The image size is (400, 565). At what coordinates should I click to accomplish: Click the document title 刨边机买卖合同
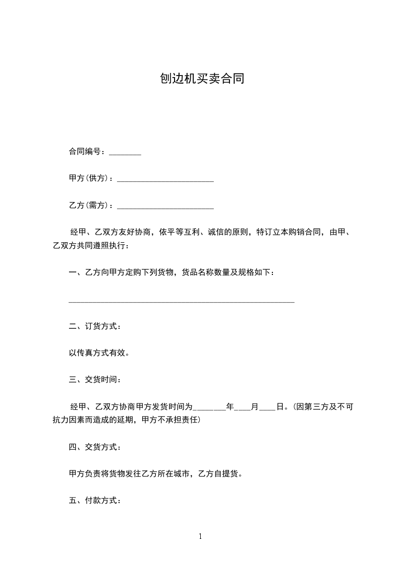202,79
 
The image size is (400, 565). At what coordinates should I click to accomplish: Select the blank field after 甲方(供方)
165,180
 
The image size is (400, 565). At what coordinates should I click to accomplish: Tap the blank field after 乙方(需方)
165,207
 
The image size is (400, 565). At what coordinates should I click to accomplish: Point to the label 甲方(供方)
90,178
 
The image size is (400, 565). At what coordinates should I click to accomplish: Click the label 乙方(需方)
90,205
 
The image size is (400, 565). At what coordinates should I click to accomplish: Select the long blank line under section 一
181,301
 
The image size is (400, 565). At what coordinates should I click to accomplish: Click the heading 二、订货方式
95,326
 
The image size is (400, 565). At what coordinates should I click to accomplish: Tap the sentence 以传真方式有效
99,353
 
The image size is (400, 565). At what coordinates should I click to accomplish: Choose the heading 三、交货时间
95,380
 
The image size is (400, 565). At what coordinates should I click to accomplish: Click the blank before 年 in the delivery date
209,408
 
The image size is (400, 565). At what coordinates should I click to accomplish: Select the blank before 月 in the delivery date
243,408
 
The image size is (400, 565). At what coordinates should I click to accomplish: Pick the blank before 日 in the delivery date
267,408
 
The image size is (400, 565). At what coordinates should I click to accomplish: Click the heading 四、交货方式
95,447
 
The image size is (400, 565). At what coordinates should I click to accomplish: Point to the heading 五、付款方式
95,501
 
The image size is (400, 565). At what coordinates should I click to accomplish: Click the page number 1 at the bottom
200,536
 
